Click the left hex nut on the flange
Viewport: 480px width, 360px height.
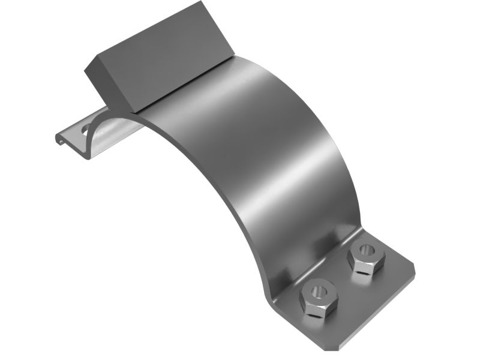tap(319, 298)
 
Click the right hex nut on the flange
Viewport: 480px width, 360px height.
tap(365, 256)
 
